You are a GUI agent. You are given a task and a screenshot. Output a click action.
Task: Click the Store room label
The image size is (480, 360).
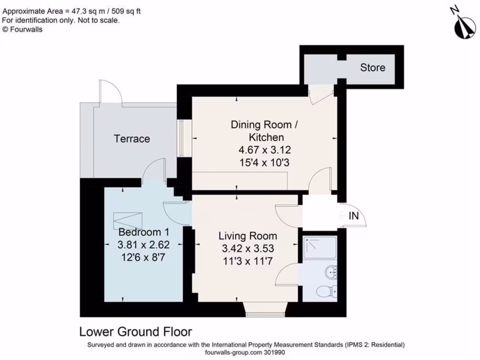click(373, 67)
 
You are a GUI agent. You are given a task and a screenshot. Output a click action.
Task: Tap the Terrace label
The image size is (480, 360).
click(132, 139)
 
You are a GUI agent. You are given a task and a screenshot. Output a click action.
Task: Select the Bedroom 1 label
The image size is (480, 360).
click(143, 232)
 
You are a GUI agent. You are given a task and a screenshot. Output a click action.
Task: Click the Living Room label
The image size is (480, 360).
click(247, 236)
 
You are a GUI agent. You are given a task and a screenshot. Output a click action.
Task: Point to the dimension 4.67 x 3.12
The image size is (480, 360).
click(265, 150)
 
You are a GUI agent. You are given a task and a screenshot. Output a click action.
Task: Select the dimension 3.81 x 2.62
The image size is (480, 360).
click(143, 244)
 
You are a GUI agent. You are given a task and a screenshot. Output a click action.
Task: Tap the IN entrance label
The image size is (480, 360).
click(354, 216)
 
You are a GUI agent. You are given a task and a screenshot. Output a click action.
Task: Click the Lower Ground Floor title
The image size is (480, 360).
click(135, 332)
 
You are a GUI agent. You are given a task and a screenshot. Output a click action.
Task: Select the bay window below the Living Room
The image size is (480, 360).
click(266, 309)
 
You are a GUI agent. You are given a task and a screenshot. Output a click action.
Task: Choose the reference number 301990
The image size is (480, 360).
click(274, 352)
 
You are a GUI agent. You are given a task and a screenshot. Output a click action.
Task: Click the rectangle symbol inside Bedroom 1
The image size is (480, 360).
click(128, 219)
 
